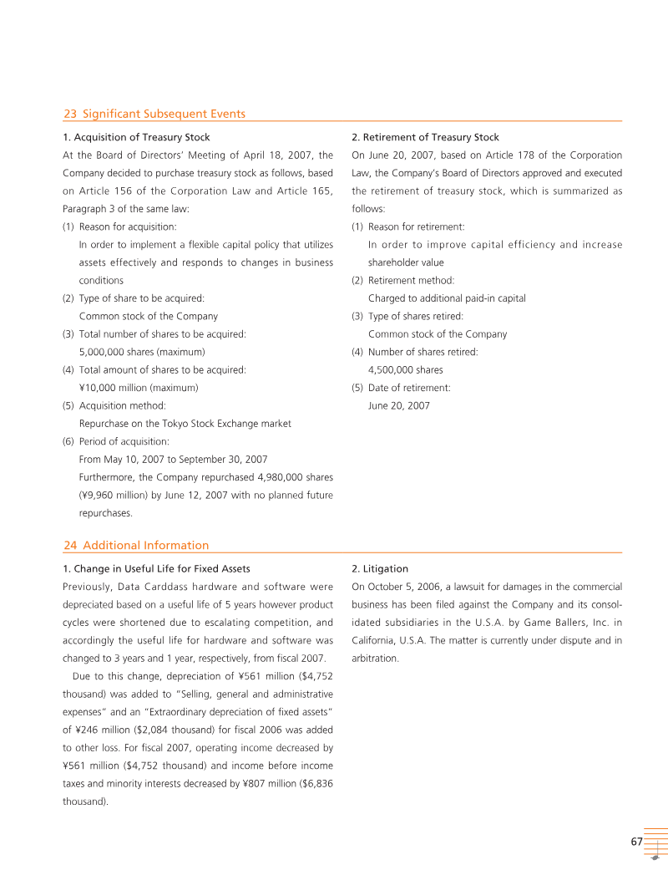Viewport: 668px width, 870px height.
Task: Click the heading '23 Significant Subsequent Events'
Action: pyautogui.click(x=154, y=114)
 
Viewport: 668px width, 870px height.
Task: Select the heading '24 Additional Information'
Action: pyautogui.click(x=136, y=545)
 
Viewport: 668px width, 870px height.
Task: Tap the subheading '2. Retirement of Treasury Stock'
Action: pyautogui.click(x=425, y=137)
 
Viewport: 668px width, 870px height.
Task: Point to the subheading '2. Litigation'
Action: pyautogui.click(x=379, y=568)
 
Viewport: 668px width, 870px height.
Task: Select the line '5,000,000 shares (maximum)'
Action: pyautogui.click(x=141, y=352)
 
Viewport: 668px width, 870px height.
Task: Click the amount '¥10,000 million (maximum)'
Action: pyautogui.click(x=138, y=388)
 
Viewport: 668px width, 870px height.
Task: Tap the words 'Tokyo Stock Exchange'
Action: pyautogui.click(x=196, y=424)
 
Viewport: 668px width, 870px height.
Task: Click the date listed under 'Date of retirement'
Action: pyautogui.click(x=398, y=405)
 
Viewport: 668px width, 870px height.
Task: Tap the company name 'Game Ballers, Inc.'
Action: pyautogui.click(x=568, y=622)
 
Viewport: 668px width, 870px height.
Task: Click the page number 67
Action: pyautogui.click(x=636, y=842)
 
